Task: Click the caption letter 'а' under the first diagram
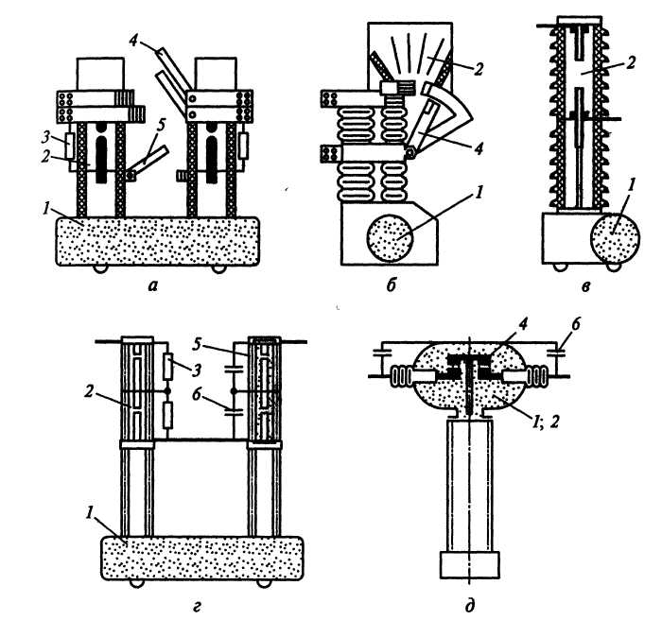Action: (153, 286)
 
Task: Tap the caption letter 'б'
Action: (391, 284)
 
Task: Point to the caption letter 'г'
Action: (197, 607)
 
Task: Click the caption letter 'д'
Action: (469, 606)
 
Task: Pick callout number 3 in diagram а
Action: (48, 137)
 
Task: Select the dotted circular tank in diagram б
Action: (390, 237)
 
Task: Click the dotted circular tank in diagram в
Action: (615, 237)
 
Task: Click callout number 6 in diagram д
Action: (575, 324)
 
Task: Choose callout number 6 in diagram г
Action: (196, 395)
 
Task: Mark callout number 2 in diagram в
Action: (631, 63)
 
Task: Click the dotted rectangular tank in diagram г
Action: (202, 558)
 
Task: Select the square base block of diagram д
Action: (469, 564)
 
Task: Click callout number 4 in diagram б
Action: (479, 148)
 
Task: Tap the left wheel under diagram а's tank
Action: (99, 269)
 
